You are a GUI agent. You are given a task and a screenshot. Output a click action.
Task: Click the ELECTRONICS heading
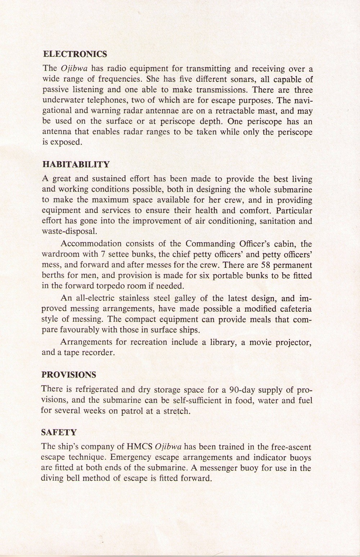[75, 54]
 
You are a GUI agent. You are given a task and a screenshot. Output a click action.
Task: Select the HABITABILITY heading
[76, 165]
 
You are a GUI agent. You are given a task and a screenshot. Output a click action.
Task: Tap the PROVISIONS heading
[69, 375]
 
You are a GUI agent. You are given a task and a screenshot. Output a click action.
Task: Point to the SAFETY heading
[59, 433]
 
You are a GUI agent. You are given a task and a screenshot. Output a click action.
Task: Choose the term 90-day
[244, 390]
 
